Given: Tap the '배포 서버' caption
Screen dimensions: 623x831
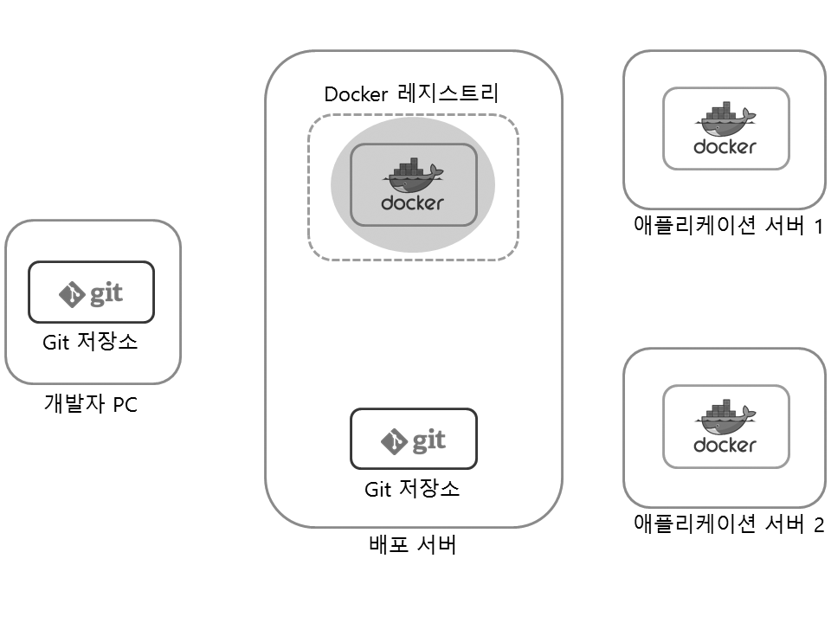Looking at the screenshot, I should [x=412, y=546].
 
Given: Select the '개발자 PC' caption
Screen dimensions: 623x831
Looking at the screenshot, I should [x=90, y=403].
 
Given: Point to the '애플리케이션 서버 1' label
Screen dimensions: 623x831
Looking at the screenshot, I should [x=727, y=228].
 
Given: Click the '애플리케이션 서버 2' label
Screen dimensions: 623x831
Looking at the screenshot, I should [x=727, y=525].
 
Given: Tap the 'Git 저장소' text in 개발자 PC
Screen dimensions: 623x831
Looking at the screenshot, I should [x=90, y=343].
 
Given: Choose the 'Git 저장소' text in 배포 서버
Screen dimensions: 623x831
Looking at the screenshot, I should [x=412, y=490].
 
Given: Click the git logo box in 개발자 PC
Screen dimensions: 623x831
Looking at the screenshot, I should [x=91, y=292].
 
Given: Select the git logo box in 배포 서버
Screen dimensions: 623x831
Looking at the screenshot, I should [x=413, y=439].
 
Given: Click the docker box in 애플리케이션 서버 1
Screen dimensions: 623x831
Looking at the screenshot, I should [x=725, y=129].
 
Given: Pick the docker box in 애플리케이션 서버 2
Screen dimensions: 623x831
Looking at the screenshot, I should [x=725, y=427].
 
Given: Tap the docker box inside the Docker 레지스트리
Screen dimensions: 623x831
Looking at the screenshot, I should [x=413, y=184].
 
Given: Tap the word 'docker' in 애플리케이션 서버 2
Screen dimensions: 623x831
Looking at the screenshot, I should [x=725, y=446].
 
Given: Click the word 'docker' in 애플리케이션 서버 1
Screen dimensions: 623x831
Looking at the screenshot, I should [x=725, y=147].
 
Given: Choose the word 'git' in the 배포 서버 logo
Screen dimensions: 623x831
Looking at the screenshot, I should [x=428, y=441].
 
